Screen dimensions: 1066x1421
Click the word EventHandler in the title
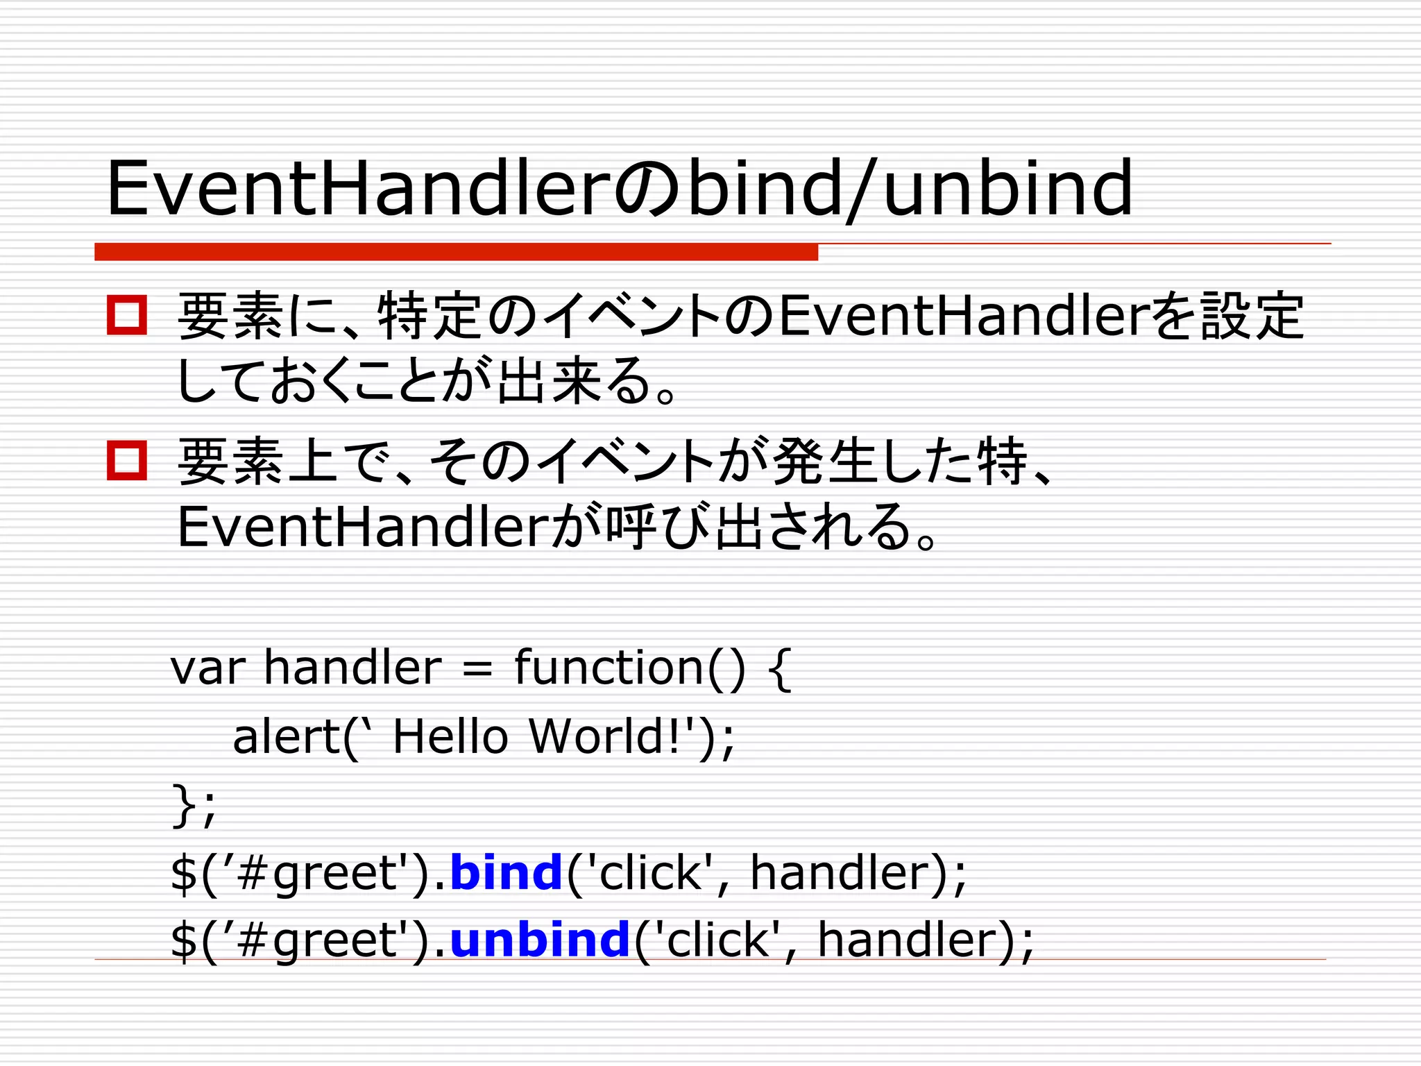point(357,188)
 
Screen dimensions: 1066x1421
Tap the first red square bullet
point(127,316)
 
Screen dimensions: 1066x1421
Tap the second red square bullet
point(127,460)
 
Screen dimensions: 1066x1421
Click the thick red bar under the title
point(456,252)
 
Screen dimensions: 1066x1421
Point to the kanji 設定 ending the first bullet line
point(1253,316)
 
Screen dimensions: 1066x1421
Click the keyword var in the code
point(207,668)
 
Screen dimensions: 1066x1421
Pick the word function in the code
point(609,668)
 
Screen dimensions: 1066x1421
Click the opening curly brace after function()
point(781,669)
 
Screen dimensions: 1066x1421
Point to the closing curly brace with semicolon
point(194,805)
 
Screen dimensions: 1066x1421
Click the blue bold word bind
point(506,872)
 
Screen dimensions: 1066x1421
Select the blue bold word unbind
point(540,940)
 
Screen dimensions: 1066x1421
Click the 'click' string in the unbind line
point(718,940)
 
